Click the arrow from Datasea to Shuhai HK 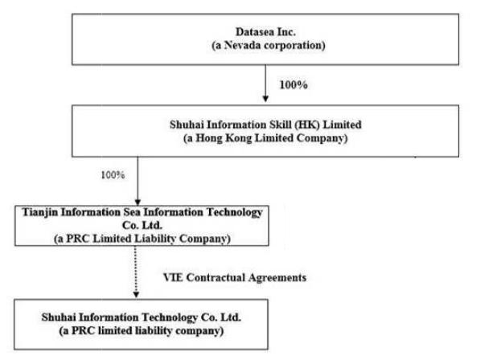(x=265, y=84)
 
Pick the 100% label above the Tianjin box (x=113, y=174)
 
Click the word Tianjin (x=39, y=213)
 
